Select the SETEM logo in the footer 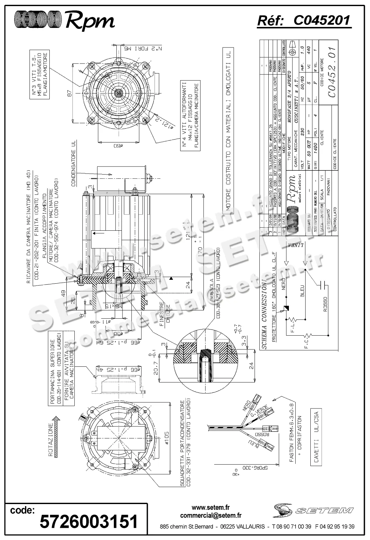pos(313,510)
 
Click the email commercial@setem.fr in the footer pos(211,516)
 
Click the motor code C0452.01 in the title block pos(332,72)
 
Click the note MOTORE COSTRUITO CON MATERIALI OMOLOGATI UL pos(228,129)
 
